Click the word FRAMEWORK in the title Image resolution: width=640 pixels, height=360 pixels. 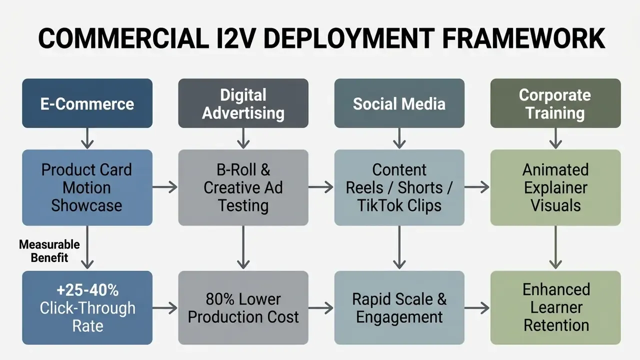click(523, 38)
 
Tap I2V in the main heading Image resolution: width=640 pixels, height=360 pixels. click(235, 38)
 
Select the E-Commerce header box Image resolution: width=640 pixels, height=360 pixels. click(87, 103)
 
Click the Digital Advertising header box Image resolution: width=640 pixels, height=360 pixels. click(243, 103)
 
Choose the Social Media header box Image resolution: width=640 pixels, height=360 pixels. click(399, 103)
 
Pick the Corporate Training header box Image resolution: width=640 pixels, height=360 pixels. click(555, 103)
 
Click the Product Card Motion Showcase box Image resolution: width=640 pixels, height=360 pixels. click(87, 187)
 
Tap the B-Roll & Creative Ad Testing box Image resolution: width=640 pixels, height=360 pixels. click(243, 187)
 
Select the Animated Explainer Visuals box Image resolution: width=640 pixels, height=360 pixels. click(555, 187)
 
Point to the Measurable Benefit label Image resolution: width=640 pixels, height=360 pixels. click(49, 251)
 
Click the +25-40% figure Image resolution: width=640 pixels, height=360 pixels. click(87, 290)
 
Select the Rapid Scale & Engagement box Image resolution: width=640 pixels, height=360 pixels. click(399, 307)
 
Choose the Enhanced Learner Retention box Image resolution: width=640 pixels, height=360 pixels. click(555, 307)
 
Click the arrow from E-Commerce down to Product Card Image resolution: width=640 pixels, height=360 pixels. click(87, 138)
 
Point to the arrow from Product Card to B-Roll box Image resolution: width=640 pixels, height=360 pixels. click(165, 187)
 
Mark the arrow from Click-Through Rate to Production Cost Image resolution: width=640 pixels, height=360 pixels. click(165, 308)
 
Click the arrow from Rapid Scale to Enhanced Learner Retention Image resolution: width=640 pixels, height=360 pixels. click(477, 308)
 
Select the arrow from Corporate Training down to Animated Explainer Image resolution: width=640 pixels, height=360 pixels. click(555, 138)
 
